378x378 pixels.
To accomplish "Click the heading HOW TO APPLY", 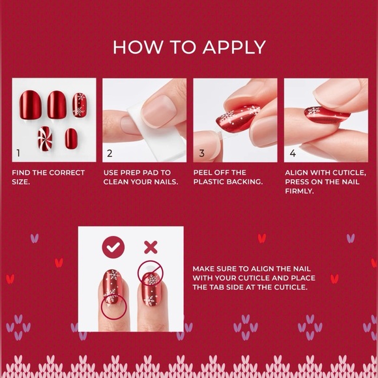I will [x=189, y=47].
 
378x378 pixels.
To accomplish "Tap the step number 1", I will [x=18, y=154].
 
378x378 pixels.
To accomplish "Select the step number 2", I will [x=109, y=154].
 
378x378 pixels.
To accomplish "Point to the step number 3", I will [x=201, y=154].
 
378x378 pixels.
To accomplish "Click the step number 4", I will [x=293, y=154].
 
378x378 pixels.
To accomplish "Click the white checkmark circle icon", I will [x=113, y=247].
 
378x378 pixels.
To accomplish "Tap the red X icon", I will [x=151, y=247].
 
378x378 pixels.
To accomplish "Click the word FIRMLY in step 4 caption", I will [x=299, y=191].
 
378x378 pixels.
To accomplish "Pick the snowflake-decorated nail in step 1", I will [x=80, y=104].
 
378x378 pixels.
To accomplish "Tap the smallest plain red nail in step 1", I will [x=70, y=136].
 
